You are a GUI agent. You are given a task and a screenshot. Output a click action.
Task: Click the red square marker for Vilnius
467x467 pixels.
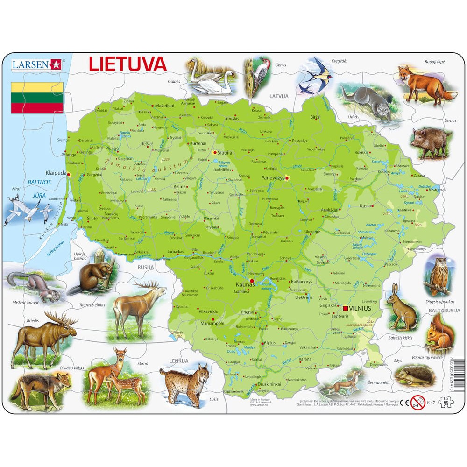345,308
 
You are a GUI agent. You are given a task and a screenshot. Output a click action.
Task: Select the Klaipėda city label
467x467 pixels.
56,171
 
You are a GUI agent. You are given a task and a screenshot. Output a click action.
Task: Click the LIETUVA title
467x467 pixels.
127,64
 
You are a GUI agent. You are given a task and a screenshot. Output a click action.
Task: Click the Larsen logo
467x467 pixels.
36,64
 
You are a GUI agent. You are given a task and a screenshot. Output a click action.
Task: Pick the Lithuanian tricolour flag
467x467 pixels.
37,97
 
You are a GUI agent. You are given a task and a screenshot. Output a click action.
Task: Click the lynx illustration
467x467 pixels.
186,380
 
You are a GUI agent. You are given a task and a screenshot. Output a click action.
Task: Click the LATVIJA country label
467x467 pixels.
279,96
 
